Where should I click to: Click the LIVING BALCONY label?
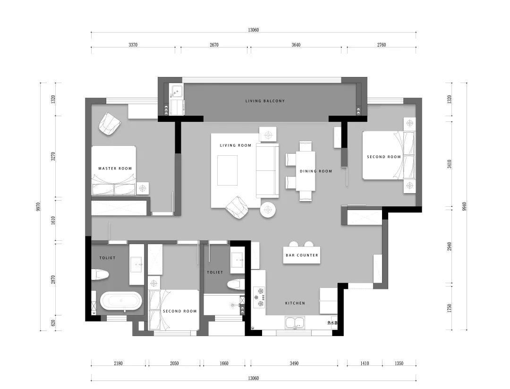265,101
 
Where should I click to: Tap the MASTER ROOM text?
115,169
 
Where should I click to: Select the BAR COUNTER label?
302,255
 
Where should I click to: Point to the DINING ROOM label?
316,171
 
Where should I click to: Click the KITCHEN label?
295,303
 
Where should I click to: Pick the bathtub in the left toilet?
121,302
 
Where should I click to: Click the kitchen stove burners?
259,297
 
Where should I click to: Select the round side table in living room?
268,210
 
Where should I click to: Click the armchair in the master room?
110,124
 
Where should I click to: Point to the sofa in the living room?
267,170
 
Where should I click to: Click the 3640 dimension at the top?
296,45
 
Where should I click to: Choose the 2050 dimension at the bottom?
174,364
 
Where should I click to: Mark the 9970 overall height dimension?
39,207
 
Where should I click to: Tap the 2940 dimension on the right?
449,246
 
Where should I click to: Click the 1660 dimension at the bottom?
224,364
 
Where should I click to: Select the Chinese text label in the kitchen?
332,323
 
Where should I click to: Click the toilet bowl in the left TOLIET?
100,274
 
